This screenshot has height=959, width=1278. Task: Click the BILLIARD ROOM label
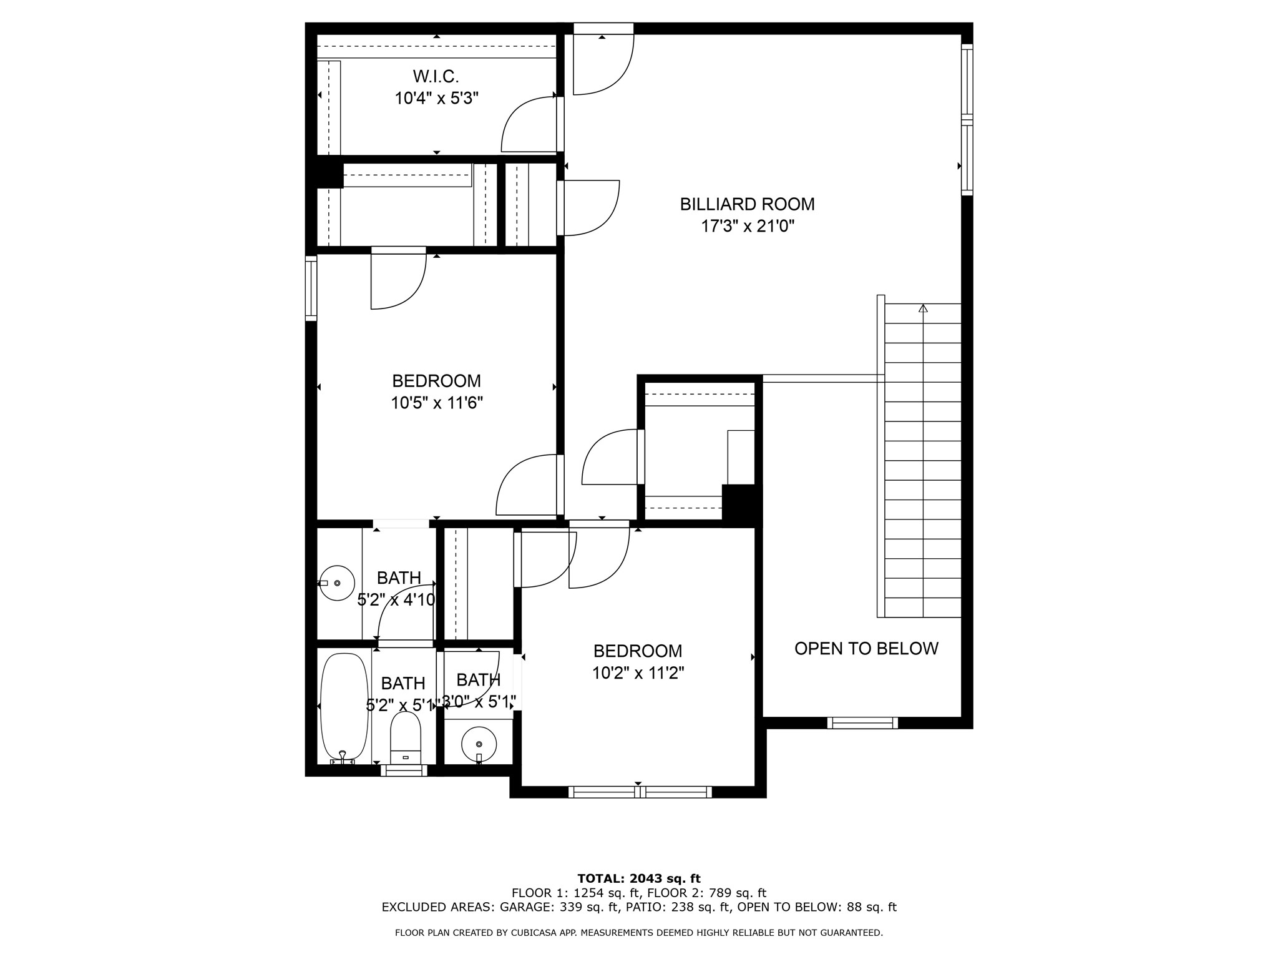(x=747, y=204)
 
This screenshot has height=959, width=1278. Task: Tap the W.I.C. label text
(x=436, y=77)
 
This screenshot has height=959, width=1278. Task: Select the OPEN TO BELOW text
(x=866, y=648)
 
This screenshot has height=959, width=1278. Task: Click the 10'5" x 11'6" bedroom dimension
(x=437, y=403)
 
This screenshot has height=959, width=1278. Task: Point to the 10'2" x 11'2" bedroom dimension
(x=638, y=673)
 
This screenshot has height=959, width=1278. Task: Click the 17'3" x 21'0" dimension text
(x=748, y=226)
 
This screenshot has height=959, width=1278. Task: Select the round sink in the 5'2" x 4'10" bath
(x=337, y=583)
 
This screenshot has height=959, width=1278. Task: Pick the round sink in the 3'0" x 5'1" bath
(x=479, y=744)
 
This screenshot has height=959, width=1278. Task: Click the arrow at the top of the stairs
(x=923, y=308)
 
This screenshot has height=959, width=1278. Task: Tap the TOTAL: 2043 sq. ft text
(x=639, y=878)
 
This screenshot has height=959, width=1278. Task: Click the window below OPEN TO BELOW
(x=862, y=723)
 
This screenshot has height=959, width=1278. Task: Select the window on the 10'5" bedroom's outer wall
(x=311, y=288)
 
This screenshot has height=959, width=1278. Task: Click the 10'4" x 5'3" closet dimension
(x=436, y=99)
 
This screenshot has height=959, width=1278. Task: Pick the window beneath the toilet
(x=404, y=770)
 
